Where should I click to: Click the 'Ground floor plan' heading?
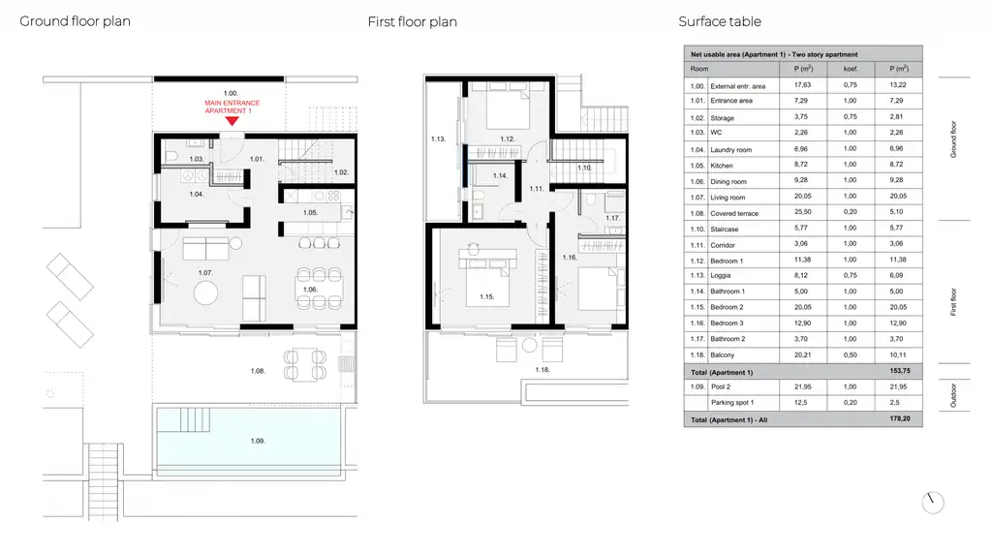pyautogui.click(x=76, y=21)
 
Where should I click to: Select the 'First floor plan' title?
pyautogui.click(x=413, y=21)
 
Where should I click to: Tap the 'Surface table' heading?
pyautogui.click(x=720, y=21)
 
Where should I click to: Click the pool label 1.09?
pyautogui.click(x=257, y=441)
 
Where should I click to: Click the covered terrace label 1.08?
pyautogui.click(x=257, y=371)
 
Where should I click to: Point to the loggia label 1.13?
pyautogui.click(x=438, y=139)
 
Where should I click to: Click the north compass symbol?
pyautogui.click(x=933, y=503)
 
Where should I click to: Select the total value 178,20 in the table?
pyautogui.click(x=899, y=419)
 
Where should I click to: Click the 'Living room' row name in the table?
pyautogui.click(x=728, y=198)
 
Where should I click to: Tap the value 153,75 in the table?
pyautogui.click(x=899, y=372)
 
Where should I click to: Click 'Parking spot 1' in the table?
pyautogui.click(x=732, y=403)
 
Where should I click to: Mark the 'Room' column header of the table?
pyautogui.click(x=699, y=70)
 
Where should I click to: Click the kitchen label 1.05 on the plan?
pyautogui.click(x=310, y=212)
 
